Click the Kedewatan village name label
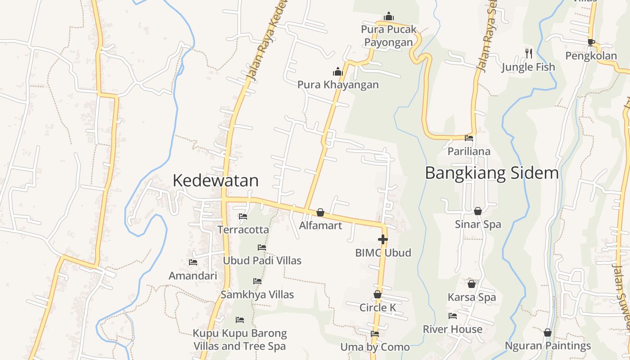pos(216,180)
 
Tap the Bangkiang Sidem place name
pos(491,173)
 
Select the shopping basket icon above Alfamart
pos(320,212)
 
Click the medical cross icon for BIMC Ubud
pos(383,239)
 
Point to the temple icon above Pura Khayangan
pos(337,72)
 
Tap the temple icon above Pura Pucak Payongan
pos(389,17)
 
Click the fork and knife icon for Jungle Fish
pos(529,53)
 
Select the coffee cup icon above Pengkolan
pos(591,43)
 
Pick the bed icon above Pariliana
pos(469,138)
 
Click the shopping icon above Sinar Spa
pos(478,211)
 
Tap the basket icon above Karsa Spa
pos(472,284)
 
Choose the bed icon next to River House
pos(453,316)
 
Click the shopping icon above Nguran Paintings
pos(548,333)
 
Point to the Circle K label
pos(378,308)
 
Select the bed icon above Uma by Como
pos(375,334)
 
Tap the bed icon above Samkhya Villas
pos(257,281)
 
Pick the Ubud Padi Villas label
pos(262,261)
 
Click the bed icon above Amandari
pos(193,262)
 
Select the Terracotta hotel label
pos(243,230)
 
